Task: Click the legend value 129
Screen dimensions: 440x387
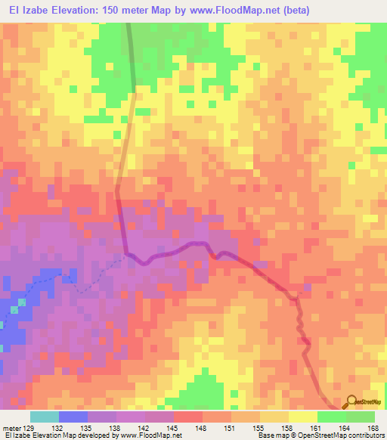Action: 28,427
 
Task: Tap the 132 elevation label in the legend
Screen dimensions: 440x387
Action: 58,427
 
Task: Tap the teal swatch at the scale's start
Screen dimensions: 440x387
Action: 44,417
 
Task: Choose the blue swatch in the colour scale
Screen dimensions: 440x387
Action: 73,417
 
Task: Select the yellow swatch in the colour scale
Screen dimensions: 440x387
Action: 302,417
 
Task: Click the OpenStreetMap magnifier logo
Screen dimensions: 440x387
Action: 351,402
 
